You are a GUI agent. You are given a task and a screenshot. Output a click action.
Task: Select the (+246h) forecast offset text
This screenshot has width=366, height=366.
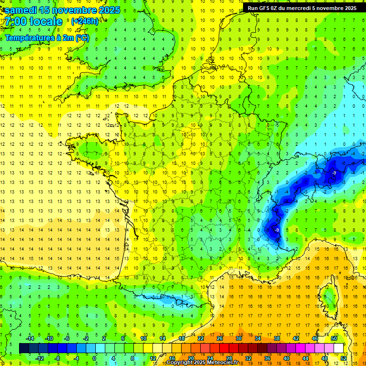pyautogui.click(x=85, y=21)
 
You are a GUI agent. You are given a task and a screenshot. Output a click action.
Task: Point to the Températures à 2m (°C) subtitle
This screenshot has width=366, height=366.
pyautogui.click(x=46, y=37)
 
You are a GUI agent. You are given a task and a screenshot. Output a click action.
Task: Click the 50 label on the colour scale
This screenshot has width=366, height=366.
pyautogui.click(x=334, y=338)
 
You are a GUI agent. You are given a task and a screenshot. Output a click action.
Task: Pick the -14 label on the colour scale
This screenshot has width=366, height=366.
pyautogui.click(x=30, y=338)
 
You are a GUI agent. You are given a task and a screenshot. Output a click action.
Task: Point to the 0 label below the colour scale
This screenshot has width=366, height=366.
pyautogui.click(x=94, y=358)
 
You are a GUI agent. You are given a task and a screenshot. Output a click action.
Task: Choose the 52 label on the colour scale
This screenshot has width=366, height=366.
pyautogui.click(x=344, y=358)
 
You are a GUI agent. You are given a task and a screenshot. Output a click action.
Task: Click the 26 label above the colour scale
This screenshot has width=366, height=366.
pyautogui.click(x=219, y=338)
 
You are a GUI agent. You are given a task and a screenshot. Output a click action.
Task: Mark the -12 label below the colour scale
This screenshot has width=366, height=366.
pyautogui.click(x=40, y=358)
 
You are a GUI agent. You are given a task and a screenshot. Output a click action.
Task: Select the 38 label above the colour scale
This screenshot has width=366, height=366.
pyautogui.click(x=276, y=338)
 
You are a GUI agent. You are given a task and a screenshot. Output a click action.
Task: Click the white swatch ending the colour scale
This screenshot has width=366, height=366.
pyautogui.click(x=339, y=348)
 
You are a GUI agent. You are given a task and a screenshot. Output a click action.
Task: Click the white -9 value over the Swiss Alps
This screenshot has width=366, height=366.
pyautogui.click(x=335, y=173)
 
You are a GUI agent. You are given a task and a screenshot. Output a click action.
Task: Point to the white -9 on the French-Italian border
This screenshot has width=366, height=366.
pyautogui.click(x=277, y=230)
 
